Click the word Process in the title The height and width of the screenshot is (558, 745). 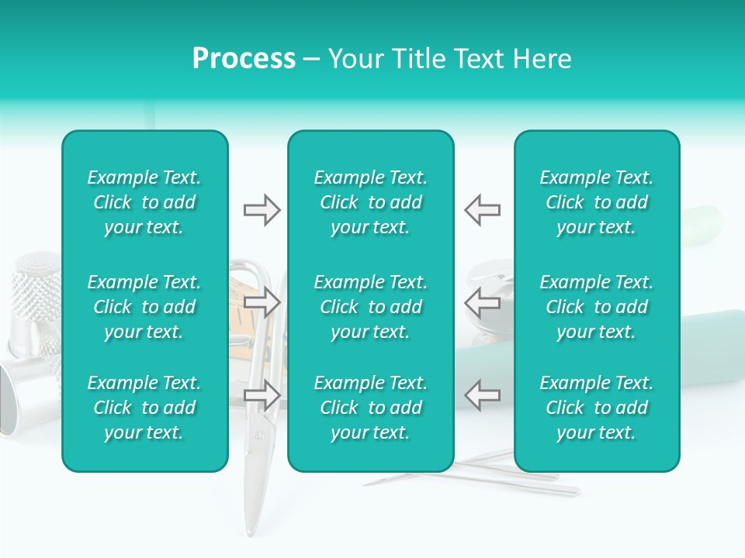244,59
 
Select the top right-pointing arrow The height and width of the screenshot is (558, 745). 262,210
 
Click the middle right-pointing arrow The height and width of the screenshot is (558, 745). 262,302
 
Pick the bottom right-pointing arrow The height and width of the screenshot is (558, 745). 262,395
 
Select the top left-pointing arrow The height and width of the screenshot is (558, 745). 483,210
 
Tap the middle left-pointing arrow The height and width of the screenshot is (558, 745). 483,302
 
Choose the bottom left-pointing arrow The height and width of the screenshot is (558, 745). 483,395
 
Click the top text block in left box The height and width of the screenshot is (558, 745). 144,202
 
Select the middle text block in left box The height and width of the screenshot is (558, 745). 144,307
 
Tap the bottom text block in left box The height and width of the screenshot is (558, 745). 144,408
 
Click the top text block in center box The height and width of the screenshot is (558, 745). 370,202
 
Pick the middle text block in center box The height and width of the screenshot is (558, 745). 370,307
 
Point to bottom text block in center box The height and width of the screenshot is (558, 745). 370,408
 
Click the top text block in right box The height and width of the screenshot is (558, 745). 596,202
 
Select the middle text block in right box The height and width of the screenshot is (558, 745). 596,307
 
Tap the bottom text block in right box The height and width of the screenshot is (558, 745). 596,408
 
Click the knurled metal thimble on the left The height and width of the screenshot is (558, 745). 35,294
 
